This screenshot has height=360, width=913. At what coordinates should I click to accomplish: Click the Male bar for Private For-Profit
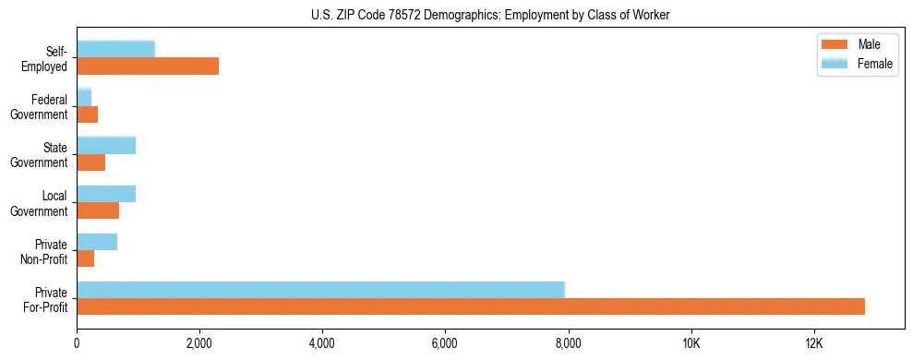[471, 306]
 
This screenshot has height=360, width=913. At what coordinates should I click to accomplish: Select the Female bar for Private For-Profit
[320, 290]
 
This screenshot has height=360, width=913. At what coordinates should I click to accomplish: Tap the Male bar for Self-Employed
[148, 66]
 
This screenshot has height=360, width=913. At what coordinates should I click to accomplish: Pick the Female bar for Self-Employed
[115, 49]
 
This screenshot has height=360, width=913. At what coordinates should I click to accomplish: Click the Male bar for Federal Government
[87, 114]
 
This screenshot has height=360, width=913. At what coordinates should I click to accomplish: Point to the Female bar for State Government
[106, 145]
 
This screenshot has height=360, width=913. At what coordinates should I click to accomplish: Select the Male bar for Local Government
[98, 210]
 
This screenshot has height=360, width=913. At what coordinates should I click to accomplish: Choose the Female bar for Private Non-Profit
[97, 242]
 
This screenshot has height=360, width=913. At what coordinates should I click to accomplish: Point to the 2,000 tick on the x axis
[199, 344]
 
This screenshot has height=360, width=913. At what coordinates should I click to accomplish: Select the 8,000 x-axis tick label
[568, 344]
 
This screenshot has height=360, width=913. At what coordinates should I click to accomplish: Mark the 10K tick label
[691, 344]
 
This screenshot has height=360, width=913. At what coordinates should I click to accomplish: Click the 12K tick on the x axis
[813, 344]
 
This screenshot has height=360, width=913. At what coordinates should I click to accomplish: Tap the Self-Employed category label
[45, 58]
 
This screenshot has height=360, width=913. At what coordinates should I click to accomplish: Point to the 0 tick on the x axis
[77, 344]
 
